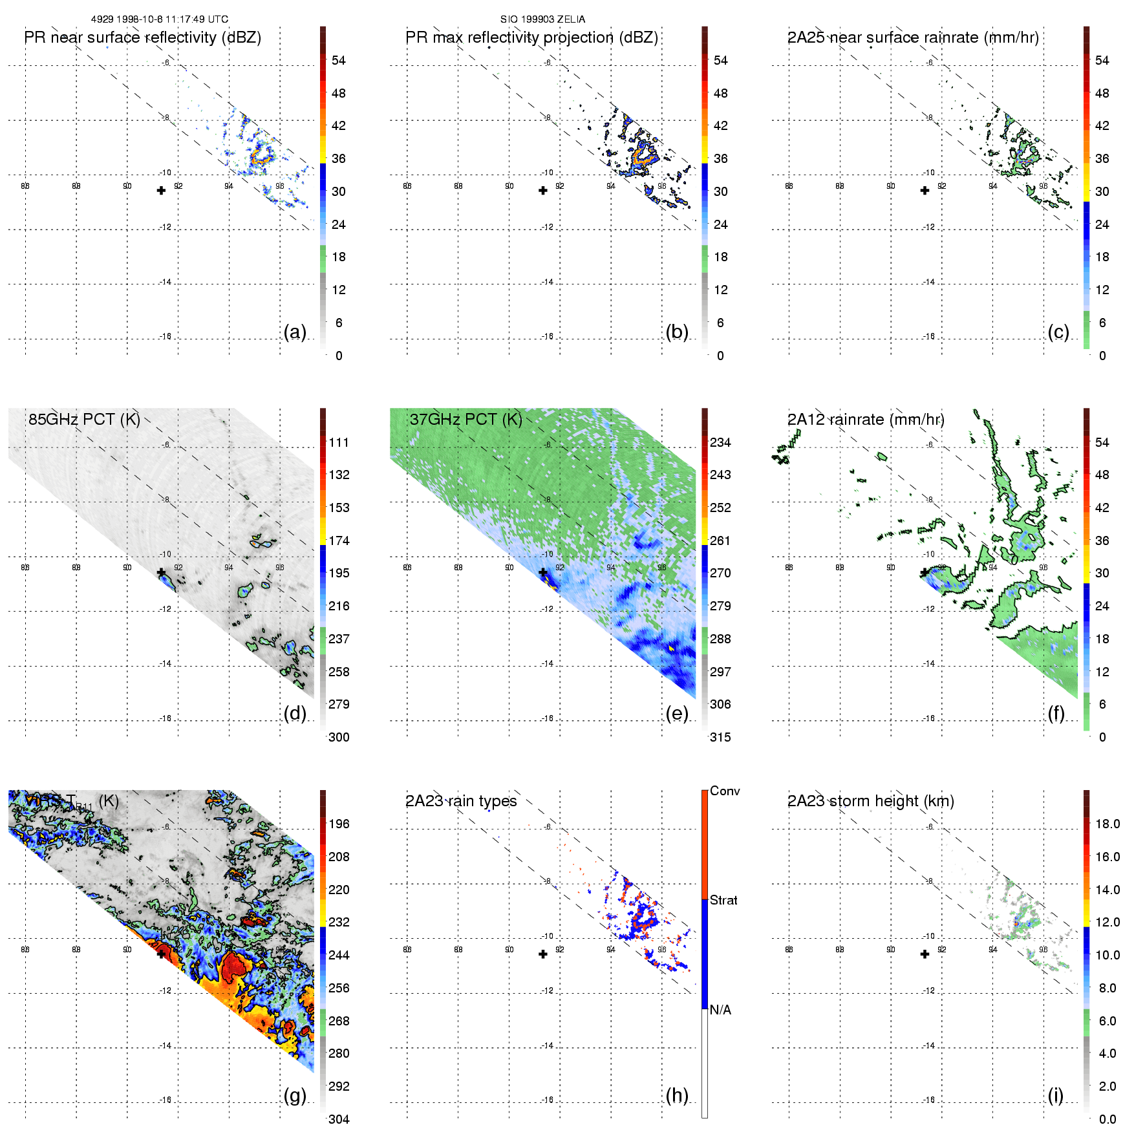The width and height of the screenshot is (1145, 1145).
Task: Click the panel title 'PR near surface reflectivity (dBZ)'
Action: [142, 37]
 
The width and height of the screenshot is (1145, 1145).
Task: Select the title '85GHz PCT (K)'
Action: [84, 420]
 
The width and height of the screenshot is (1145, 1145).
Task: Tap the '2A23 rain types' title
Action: [461, 801]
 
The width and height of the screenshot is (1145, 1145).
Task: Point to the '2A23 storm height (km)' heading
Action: [870, 801]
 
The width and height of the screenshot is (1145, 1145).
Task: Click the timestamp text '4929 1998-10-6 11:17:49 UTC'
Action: [160, 19]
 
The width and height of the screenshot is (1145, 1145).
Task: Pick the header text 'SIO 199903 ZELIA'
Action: [542, 19]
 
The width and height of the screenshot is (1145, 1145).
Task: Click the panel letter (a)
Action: [295, 332]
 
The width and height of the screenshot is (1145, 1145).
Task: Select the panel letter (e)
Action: [677, 714]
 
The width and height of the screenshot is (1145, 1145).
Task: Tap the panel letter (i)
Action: [1055, 1095]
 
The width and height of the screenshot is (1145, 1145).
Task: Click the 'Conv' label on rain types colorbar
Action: [725, 791]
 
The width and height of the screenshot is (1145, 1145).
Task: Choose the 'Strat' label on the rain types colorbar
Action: [723, 900]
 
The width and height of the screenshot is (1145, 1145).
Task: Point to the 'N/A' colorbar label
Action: [720, 1010]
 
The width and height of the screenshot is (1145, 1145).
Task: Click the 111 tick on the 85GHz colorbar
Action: [339, 443]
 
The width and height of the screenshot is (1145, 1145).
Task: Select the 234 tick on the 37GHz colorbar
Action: [720, 443]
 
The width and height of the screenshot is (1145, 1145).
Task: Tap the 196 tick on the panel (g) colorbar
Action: [339, 824]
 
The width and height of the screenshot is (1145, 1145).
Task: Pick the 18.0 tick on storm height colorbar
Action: [1107, 824]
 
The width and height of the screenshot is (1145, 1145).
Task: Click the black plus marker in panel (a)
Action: [161, 191]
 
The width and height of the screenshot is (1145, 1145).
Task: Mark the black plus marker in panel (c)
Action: [925, 191]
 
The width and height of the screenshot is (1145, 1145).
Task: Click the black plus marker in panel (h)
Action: [543, 954]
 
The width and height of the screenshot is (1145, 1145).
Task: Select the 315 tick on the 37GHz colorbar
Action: [720, 737]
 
